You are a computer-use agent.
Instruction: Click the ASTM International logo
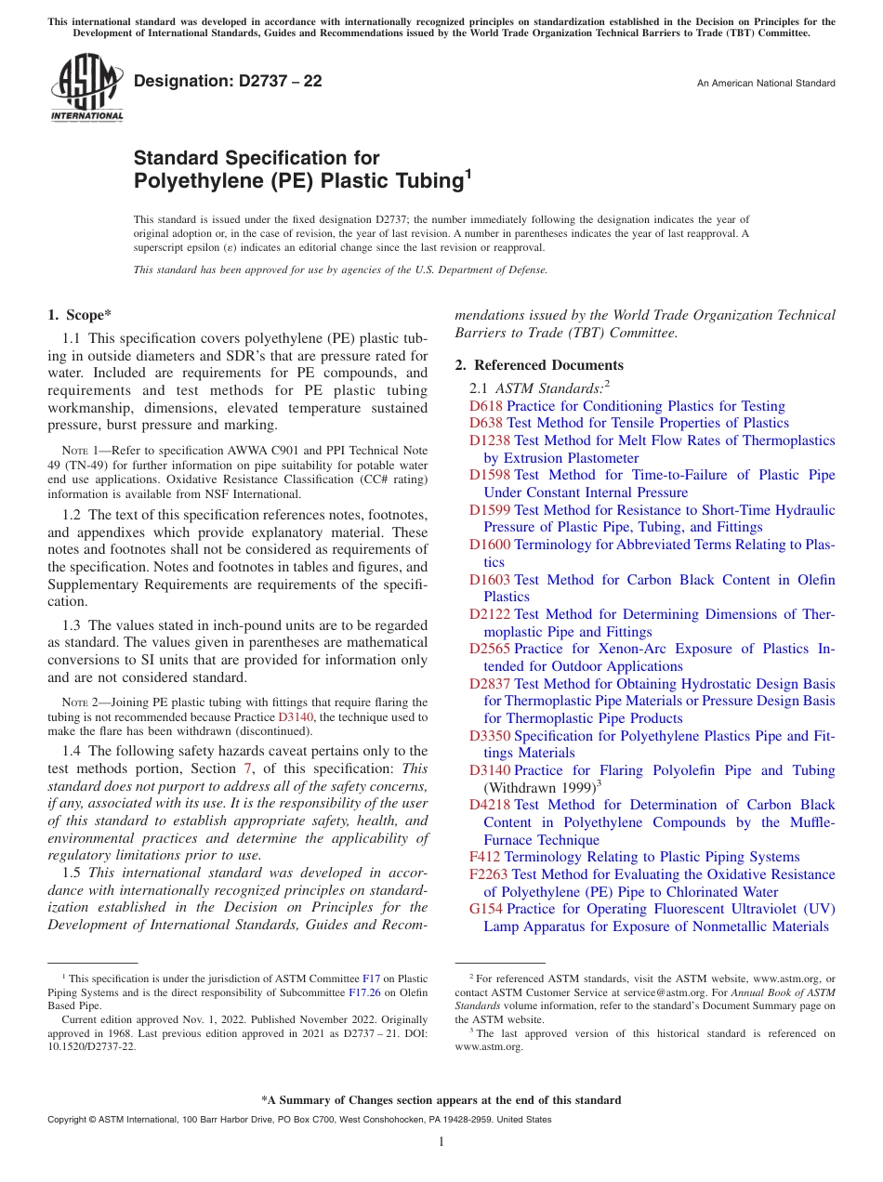(86, 87)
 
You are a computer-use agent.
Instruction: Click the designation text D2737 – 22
(228, 81)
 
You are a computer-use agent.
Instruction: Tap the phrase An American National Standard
(766, 84)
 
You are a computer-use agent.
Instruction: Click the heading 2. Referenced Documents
(539, 365)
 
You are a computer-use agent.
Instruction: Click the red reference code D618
(485, 406)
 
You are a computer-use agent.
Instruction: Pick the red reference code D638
(485, 423)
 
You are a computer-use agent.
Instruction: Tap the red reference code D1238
(489, 440)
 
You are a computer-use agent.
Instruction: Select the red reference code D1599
(489, 510)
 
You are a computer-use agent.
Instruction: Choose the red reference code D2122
(489, 614)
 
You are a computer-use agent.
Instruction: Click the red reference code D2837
(489, 684)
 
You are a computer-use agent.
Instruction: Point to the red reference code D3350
(489, 736)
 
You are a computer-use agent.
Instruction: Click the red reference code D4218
(489, 805)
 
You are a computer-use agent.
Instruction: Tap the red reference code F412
(484, 857)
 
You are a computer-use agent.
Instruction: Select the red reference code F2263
(488, 874)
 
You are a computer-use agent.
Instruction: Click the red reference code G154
(486, 909)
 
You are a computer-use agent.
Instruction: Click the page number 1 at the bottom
(441, 1141)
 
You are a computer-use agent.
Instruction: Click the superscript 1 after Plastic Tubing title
(468, 173)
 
